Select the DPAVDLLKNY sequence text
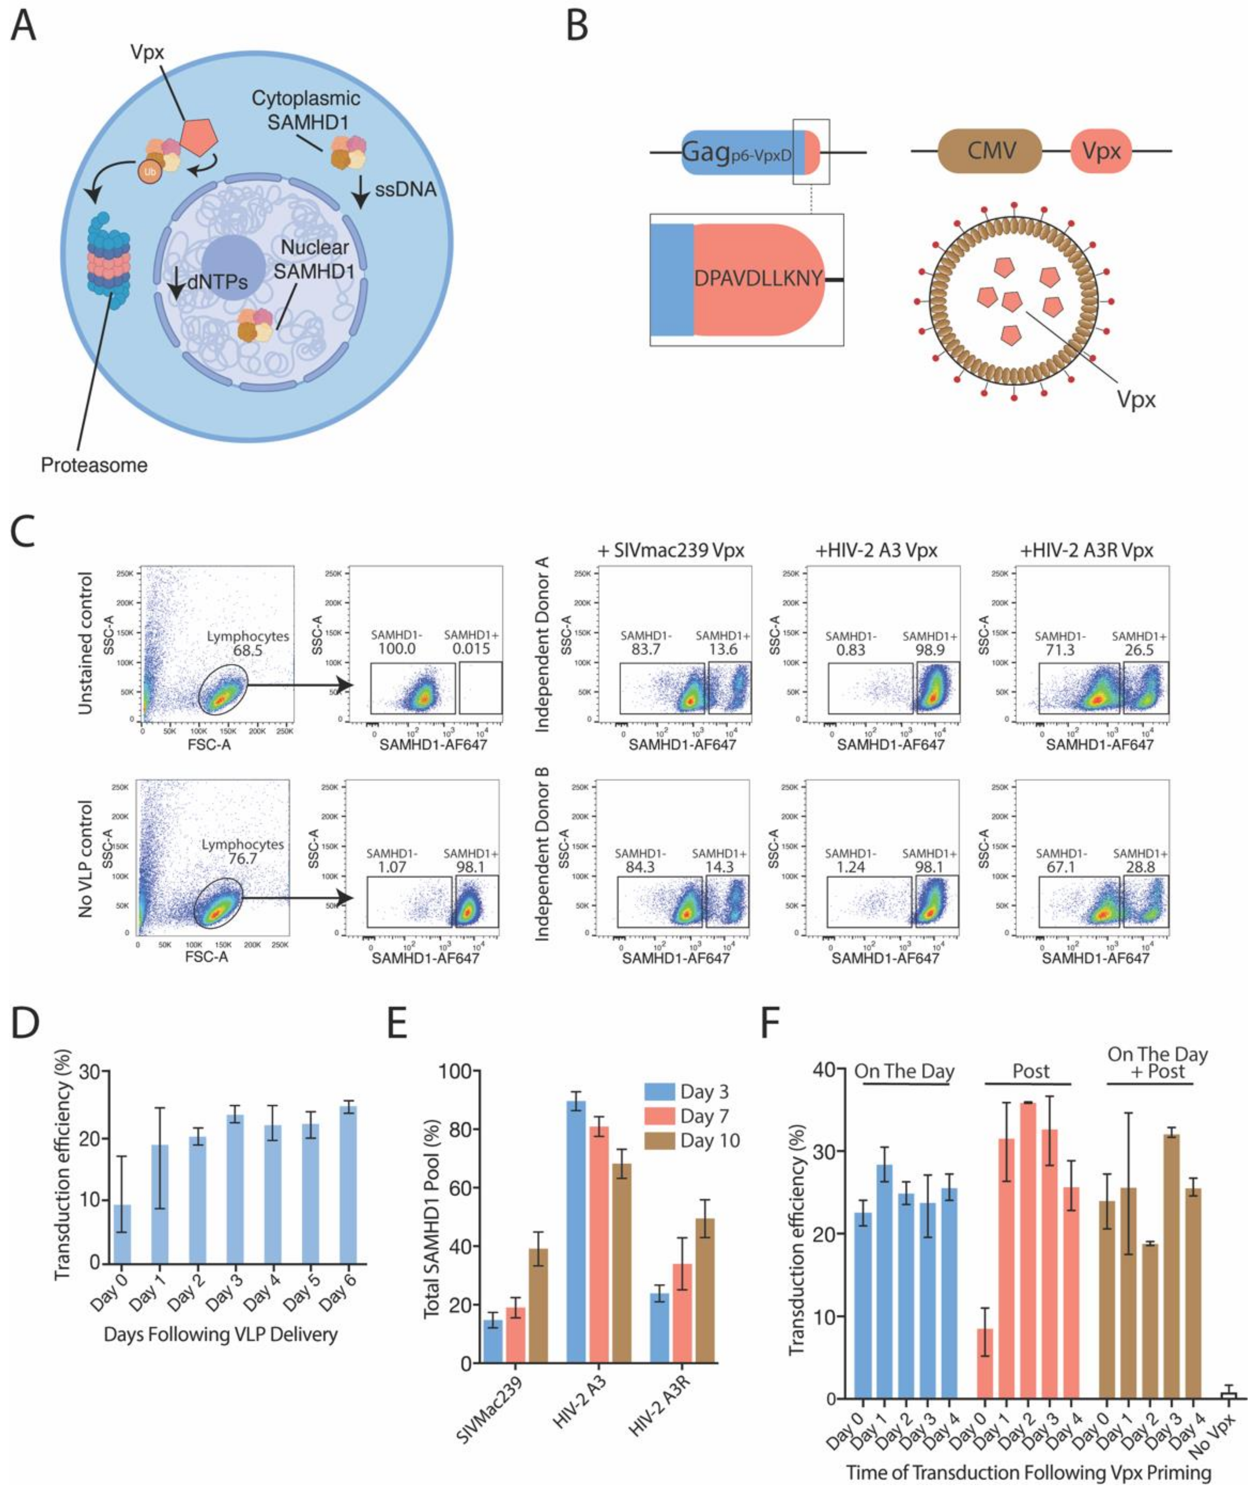[759, 278]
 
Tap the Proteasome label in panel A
[94, 466]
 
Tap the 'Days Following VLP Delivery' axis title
[221, 1334]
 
